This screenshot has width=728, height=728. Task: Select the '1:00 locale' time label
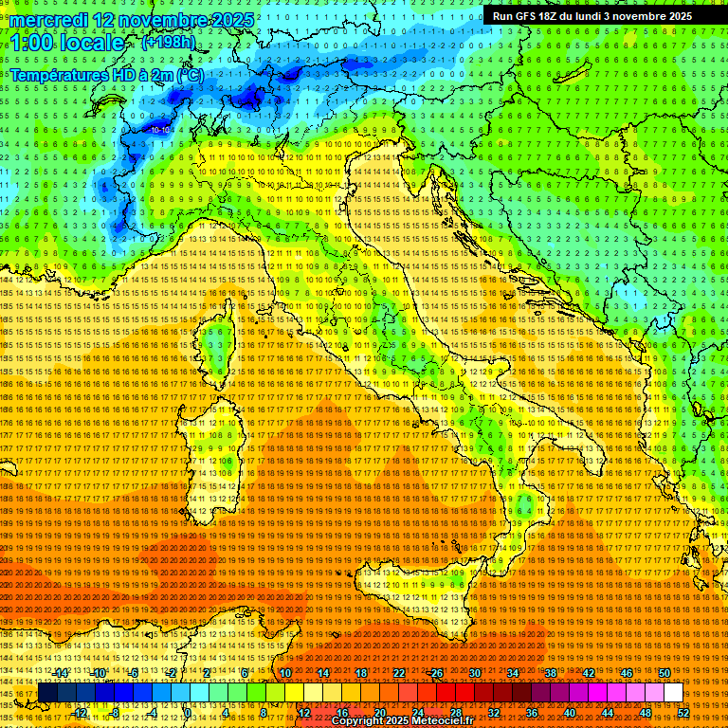[x=67, y=44]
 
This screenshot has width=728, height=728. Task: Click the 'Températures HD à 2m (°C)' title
[x=107, y=75]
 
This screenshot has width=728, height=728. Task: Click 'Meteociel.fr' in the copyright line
[x=449, y=720]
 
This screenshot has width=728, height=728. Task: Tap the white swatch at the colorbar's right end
[x=673, y=693]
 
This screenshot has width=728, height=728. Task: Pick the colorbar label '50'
[x=664, y=673]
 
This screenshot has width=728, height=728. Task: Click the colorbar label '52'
[x=682, y=712]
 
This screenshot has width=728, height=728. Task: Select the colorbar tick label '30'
[x=475, y=673]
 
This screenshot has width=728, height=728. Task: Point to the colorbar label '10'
[x=285, y=673]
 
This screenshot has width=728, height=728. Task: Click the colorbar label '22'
[x=399, y=673]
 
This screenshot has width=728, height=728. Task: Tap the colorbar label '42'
[x=588, y=673]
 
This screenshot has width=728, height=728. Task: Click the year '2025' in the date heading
[x=231, y=20]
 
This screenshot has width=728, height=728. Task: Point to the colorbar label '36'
[x=531, y=712]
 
